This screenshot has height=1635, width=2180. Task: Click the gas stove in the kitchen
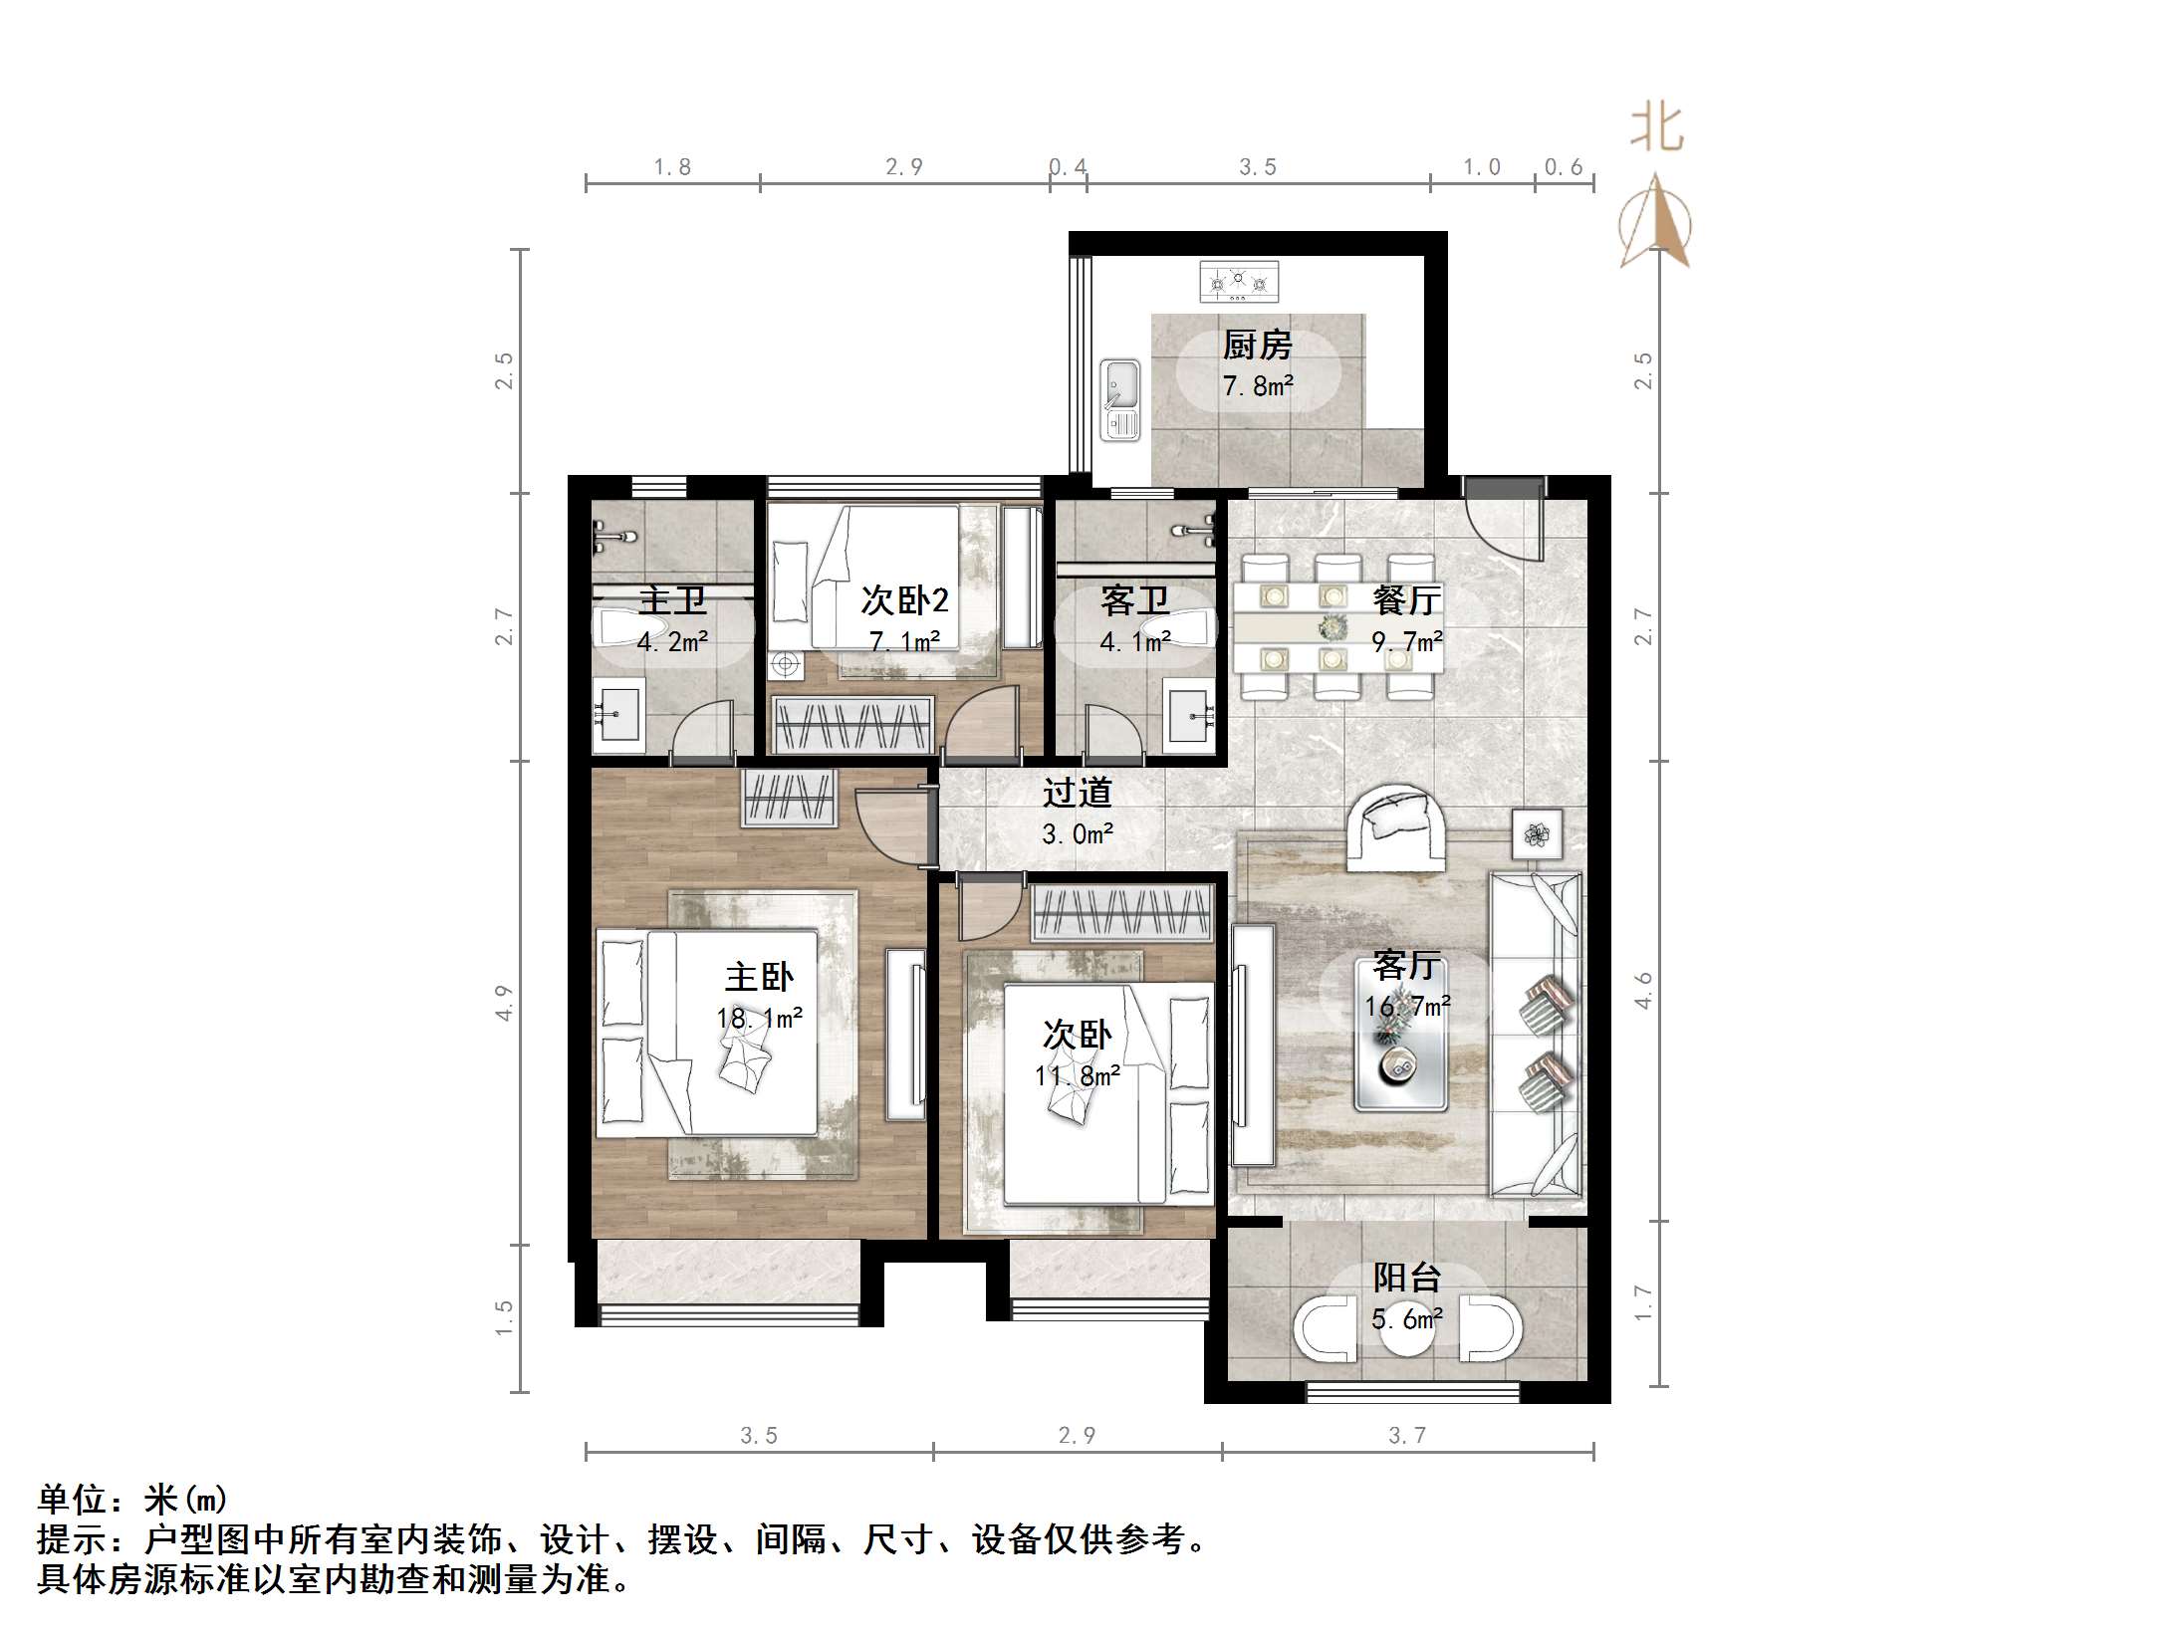[x=1239, y=282]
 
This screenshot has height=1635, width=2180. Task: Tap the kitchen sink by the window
[x=1119, y=400]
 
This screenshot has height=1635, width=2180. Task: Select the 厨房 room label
[x=1257, y=346]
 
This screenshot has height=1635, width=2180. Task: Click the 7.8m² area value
[x=1257, y=386]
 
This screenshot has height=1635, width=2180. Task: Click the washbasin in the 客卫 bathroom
[x=1191, y=711]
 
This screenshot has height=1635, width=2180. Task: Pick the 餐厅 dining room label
[x=1405, y=599]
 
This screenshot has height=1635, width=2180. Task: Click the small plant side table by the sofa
[x=1537, y=833]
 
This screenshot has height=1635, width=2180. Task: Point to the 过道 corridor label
[x=1077, y=793]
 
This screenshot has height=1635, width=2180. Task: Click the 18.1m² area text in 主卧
[x=759, y=1018]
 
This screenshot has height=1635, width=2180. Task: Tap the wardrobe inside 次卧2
[x=853, y=724]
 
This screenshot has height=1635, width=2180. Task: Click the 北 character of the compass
[x=1656, y=128]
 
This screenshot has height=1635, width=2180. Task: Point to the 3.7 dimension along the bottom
[x=1406, y=1435]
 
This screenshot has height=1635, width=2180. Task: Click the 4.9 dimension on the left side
[x=505, y=1002]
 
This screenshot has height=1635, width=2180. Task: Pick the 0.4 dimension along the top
[x=1068, y=167]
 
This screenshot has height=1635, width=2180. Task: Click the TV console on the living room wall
[x=1252, y=1044]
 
